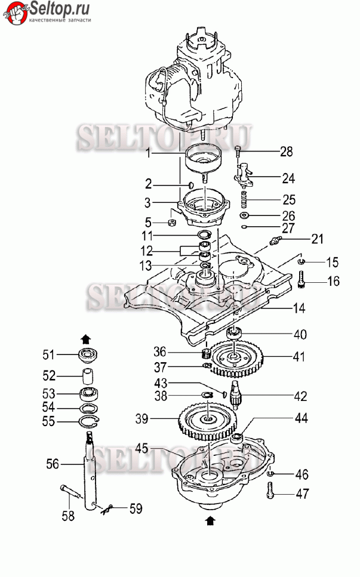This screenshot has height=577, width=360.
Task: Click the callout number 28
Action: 287,152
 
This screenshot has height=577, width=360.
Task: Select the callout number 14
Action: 299,308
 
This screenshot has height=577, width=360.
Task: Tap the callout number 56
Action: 53,462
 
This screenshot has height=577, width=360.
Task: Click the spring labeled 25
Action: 244,198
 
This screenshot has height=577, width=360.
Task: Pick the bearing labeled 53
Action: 89,394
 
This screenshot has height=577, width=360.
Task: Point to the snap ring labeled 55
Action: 89,422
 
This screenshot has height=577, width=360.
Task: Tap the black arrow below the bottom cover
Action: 209,521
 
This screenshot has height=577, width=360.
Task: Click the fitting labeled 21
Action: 276,241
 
